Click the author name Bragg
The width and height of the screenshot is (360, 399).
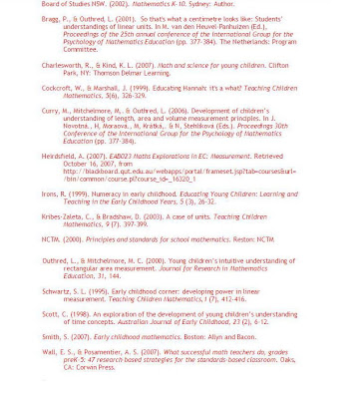pos(52,19)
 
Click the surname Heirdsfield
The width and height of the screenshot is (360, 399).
pos(61,155)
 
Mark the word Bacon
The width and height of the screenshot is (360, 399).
pos(243,337)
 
